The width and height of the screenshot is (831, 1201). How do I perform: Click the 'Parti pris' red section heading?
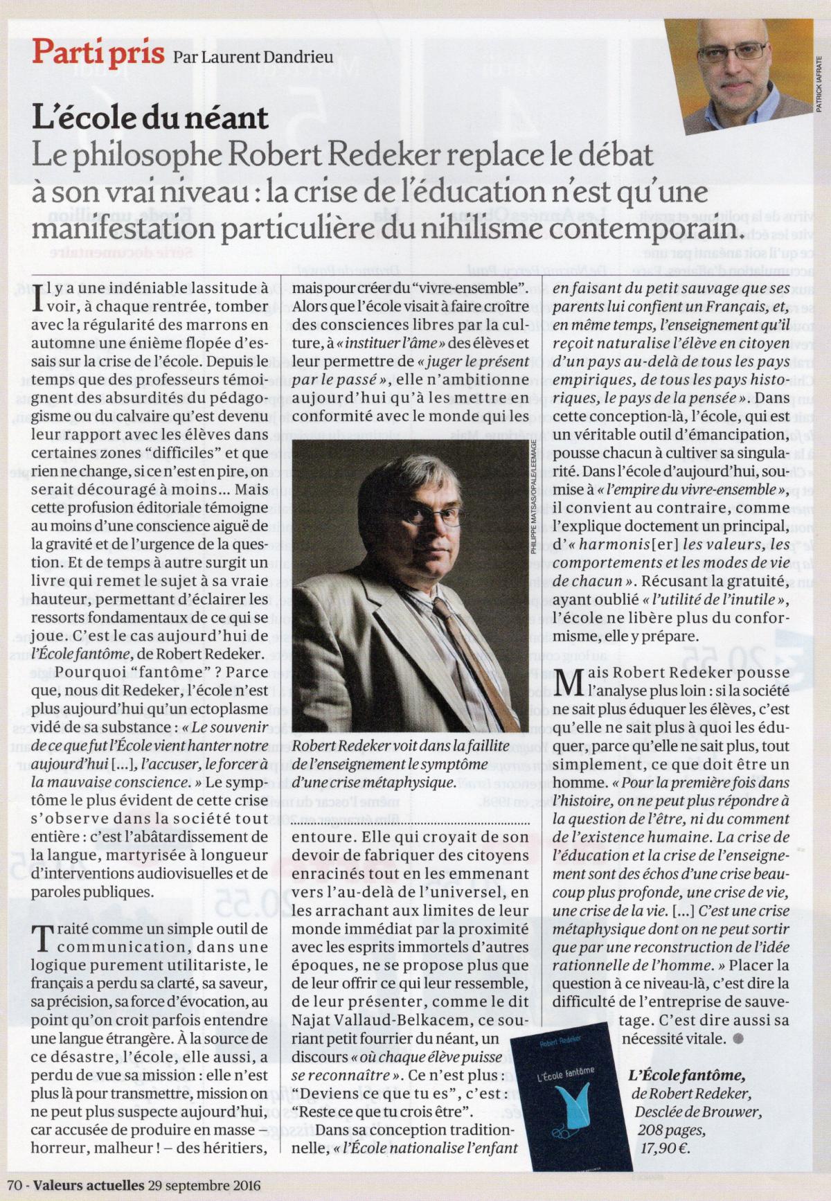click(x=98, y=52)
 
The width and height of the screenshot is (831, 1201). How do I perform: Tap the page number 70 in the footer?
click(x=15, y=1184)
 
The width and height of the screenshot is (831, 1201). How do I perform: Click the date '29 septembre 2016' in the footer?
click(x=204, y=1184)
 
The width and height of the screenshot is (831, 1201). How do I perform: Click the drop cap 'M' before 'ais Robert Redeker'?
click(x=568, y=682)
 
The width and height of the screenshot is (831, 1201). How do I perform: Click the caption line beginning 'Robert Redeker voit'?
click(x=400, y=745)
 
